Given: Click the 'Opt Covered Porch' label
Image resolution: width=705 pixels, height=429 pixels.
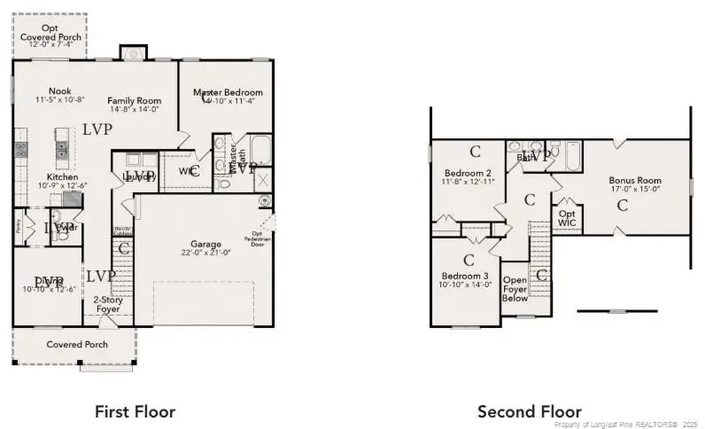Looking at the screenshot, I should [50, 34].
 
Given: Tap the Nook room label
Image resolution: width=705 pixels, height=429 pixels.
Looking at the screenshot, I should [59, 90].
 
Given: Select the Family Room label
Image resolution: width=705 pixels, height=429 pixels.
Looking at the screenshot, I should [134, 100].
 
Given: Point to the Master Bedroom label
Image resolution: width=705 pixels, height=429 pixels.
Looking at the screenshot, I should [228, 92].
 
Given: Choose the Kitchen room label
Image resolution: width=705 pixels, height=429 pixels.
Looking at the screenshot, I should [63, 177].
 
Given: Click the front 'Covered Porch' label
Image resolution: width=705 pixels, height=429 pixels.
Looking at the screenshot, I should [77, 344].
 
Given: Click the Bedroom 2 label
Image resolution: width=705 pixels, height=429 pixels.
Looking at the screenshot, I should [468, 173].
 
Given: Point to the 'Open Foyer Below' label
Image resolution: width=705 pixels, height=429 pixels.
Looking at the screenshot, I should [515, 289].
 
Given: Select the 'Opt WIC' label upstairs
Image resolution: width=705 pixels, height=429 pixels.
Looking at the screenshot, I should [567, 219].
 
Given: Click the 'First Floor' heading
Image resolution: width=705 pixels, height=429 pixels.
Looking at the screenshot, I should [135, 411].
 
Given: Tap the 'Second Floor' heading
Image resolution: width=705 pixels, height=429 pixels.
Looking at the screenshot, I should [530, 411].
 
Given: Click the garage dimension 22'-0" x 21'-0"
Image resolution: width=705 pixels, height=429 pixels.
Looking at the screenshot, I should [206, 253].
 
